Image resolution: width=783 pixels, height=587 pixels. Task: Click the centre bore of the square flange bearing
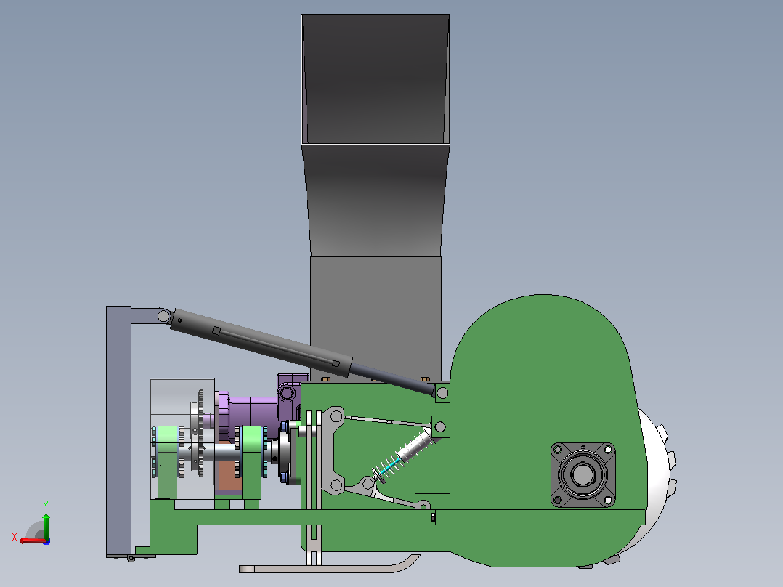point(583,474)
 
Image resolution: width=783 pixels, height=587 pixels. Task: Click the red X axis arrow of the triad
point(31,541)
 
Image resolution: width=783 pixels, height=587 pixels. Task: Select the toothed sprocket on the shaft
point(200,433)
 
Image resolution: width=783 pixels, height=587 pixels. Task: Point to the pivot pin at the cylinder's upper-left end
point(163,316)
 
